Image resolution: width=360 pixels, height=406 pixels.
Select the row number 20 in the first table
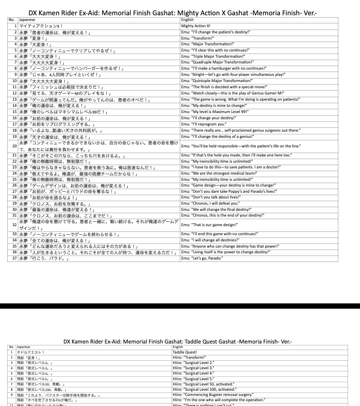(x=14, y=146)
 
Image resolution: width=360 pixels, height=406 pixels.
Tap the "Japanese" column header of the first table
(x=27, y=20)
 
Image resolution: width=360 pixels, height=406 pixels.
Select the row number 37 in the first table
(x=14, y=258)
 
